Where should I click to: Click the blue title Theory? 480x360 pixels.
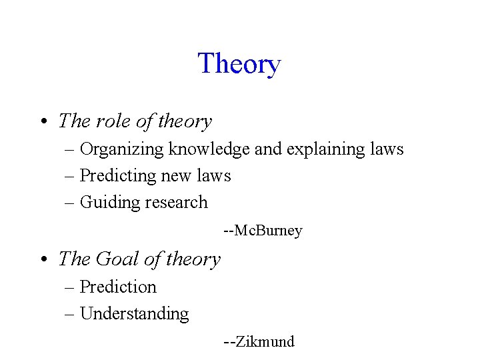tap(239, 64)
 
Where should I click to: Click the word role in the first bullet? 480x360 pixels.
tap(113, 121)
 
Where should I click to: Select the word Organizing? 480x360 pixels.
tap(123, 149)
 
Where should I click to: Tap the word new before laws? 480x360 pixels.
tap(182, 176)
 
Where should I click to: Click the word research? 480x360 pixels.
tap(175, 203)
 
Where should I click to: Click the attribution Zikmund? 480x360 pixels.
tap(265, 342)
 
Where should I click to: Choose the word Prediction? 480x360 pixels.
tap(118, 287)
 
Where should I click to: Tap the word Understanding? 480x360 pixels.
tap(134, 314)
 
